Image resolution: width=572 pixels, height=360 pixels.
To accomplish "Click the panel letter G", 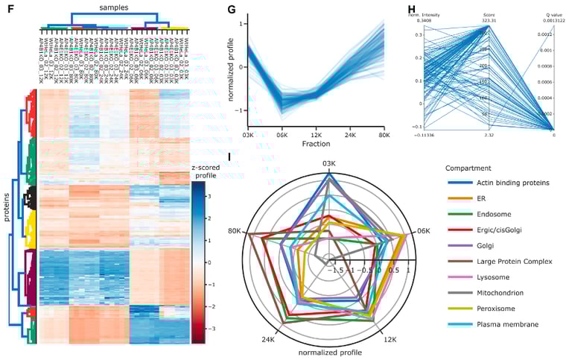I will click(x=230, y=10).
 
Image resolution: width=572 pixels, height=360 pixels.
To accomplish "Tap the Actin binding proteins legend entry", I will click(x=503, y=182).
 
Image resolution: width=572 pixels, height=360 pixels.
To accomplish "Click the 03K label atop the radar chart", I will click(x=328, y=164).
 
